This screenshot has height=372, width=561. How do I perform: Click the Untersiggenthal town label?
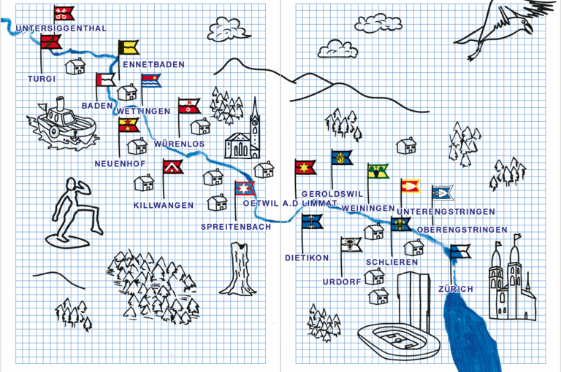click(x=61, y=28)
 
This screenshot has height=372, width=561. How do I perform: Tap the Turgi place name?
click(x=42, y=78)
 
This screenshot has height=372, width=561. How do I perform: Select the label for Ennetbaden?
click(x=153, y=64)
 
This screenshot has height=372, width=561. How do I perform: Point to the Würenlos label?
click(x=180, y=144)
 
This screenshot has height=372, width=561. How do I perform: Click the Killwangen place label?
click(x=164, y=206)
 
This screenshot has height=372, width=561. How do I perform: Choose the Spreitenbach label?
click(x=236, y=227)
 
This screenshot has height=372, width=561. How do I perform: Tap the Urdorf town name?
click(x=342, y=281)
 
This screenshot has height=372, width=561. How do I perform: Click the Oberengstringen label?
click(x=462, y=230)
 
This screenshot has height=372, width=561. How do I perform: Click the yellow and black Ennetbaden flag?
click(x=129, y=48)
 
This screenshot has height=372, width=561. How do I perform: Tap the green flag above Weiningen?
click(x=378, y=171)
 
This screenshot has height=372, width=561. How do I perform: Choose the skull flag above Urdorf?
click(x=351, y=244)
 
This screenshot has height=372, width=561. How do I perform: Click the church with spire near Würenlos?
click(x=245, y=135)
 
